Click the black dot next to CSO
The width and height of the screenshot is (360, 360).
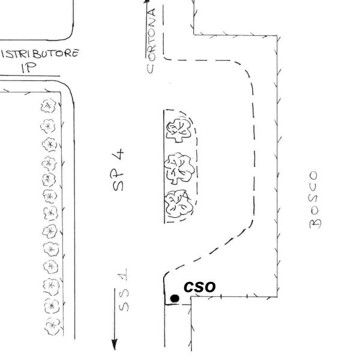coord(175,298)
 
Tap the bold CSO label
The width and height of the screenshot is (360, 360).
coord(199,287)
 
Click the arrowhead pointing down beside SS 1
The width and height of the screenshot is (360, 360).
coord(114,346)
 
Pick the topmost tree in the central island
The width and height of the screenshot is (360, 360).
coord(178,128)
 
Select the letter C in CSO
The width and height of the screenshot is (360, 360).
coord(189,288)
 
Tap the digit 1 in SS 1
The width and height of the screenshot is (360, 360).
coord(122,277)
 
